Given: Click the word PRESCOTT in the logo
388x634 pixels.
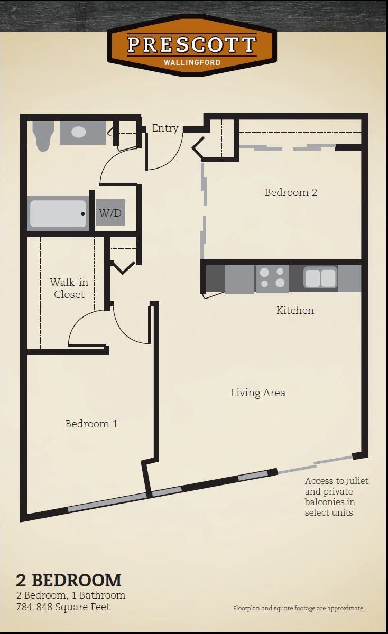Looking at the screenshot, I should tap(192, 45).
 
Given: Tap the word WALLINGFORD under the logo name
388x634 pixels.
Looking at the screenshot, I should tap(192, 62).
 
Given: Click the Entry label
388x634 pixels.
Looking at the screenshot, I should tap(165, 128).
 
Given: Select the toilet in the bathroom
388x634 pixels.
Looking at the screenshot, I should tap(42, 135).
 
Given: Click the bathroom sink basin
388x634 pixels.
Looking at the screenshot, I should tap(79, 132).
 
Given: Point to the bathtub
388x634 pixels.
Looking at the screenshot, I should tap(58, 213).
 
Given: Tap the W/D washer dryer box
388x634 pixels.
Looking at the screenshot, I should tap(110, 213).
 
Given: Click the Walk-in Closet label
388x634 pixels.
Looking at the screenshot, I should tap(69, 288).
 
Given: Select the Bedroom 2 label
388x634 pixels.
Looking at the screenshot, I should tap(291, 192).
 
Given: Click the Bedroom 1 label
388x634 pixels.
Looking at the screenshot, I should tap(91, 424).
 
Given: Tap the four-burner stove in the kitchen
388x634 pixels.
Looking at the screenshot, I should tap(272, 278).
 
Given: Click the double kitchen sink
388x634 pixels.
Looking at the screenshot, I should tap(320, 278).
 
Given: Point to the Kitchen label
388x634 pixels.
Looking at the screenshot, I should tap(295, 310).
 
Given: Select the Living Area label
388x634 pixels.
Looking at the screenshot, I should tap(258, 393).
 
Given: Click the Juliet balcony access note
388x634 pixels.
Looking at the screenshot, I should tap(336, 497).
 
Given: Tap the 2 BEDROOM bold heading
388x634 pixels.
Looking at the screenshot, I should tap(69, 580).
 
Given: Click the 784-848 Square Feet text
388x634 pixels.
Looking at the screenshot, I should tap(63, 607).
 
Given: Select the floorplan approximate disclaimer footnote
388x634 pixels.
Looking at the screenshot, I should tap(298, 608).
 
